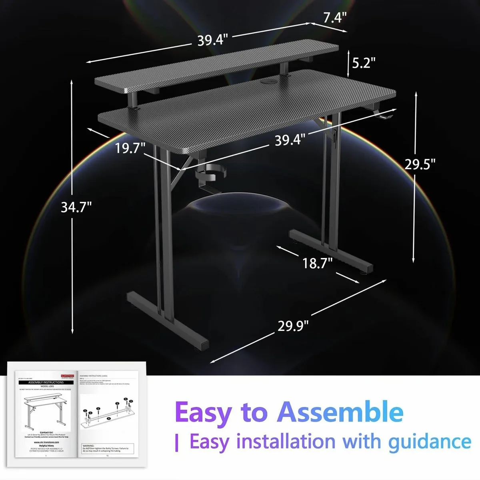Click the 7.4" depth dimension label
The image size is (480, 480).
(334, 18)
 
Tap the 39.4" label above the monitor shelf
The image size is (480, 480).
(212, 40)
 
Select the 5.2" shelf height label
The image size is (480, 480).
(364, 63)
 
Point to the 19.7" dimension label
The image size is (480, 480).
(130, 148)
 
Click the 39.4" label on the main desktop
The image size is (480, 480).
(290, 140)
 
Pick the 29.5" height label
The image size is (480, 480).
(420, 164)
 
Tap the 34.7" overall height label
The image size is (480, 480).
(76, 207)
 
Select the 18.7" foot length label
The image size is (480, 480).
(318, 263)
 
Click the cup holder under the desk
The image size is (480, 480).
(210, 176)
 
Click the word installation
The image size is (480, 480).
(285, 442)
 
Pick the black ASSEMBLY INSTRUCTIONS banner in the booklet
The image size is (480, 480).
(46, 382)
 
